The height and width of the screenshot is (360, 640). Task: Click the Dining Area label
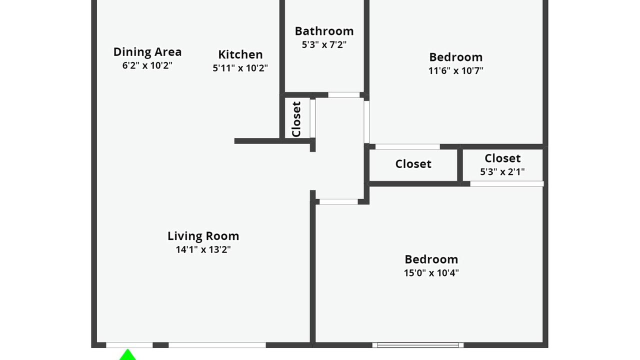147,52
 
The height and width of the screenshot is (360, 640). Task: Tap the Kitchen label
240,54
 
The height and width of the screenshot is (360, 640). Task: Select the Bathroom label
324,31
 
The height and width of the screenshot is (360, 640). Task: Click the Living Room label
203,236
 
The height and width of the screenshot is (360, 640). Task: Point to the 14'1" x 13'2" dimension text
203,249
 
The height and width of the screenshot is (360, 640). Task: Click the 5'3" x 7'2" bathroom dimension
324,44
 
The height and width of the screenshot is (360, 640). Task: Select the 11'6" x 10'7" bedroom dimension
455,70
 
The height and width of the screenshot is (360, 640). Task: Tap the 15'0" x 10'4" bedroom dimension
431,273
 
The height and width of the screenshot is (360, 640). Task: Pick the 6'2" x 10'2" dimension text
147,65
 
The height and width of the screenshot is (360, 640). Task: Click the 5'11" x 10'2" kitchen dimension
240,68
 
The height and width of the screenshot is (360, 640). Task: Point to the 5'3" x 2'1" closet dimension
502,171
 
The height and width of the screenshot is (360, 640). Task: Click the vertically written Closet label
296,119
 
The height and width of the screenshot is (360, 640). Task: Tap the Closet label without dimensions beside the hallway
413,164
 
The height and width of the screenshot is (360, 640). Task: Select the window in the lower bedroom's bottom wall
417,345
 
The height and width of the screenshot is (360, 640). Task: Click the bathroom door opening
343,95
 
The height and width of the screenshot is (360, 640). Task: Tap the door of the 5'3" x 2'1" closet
507,183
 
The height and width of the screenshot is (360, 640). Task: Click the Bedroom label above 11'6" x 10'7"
455,57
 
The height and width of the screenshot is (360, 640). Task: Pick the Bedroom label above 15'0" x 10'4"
431,259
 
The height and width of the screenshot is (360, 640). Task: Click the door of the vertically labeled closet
313,118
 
